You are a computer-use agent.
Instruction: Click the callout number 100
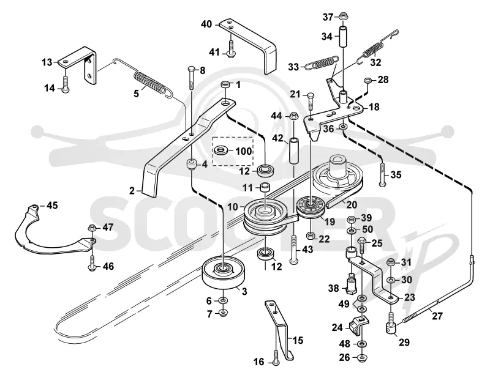point(243,151)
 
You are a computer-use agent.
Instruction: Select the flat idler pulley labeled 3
point(224,274)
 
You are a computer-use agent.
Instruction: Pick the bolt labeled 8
point(192,78)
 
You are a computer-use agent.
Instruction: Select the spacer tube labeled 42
point(295,151)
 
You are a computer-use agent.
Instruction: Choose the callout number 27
point(437,316)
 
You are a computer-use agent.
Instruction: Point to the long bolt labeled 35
point(382,174)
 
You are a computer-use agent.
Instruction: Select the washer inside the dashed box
point(223,150)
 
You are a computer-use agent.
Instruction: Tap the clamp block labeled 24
point(360,326)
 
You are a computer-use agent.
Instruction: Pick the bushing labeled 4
point(192,164)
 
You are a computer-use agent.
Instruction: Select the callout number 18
point(374,107)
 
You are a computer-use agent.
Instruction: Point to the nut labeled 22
point(311,236)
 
